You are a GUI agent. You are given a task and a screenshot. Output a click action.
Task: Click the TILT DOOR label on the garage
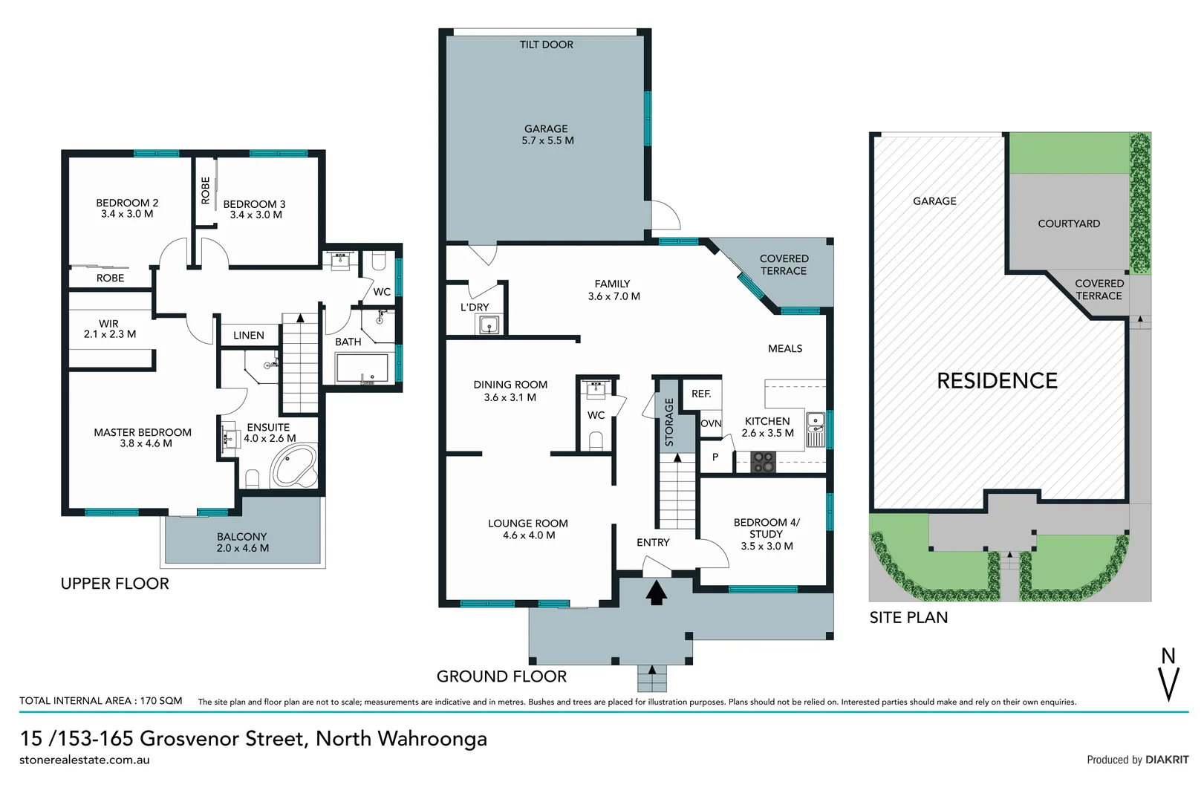(546, 45)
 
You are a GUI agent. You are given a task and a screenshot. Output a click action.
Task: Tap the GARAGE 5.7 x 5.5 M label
(547, 134)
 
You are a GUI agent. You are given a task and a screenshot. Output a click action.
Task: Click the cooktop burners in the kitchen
(763, 463)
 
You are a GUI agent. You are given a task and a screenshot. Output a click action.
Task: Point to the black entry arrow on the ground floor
(656, 593)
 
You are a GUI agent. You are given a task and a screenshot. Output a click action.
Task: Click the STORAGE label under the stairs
(668, 422)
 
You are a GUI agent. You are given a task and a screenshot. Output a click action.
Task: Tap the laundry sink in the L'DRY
(489, 325)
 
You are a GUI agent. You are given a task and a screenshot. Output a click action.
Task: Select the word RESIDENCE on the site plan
(997, 381)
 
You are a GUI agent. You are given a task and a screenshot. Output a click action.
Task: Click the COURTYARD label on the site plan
(1068, 224)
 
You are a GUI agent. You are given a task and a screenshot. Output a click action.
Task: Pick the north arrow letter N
(1168, 656)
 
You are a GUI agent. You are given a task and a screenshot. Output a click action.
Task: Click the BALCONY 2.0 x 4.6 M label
(242, 542)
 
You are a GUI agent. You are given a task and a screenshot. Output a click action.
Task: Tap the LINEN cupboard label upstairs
(248, 336)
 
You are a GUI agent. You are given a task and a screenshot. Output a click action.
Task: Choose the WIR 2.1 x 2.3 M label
(109, 329)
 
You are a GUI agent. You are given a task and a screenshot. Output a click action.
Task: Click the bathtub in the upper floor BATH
(362, 368)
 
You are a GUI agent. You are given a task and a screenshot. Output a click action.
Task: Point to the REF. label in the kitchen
(701, 394)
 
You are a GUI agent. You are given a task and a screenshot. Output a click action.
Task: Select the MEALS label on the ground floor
(784, 348)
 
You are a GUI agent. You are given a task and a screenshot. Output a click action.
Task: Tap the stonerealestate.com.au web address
(85, 760)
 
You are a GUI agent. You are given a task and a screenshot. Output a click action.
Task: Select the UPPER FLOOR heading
(114, 584)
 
